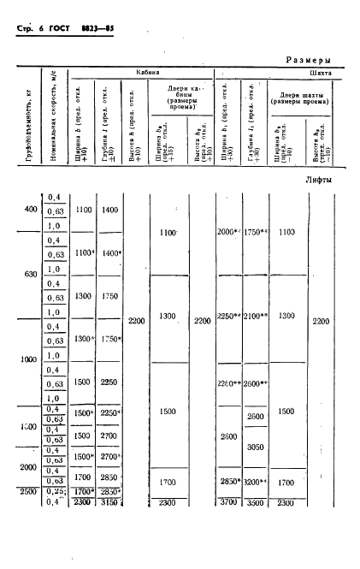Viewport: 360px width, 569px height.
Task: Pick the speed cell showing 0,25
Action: point(56,491)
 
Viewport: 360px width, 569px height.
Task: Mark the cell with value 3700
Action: point(227,501)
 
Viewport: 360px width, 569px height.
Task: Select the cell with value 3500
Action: point(255,501)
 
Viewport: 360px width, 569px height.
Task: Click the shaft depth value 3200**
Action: point(257,483)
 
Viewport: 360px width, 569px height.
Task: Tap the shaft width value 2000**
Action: point(229,232)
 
